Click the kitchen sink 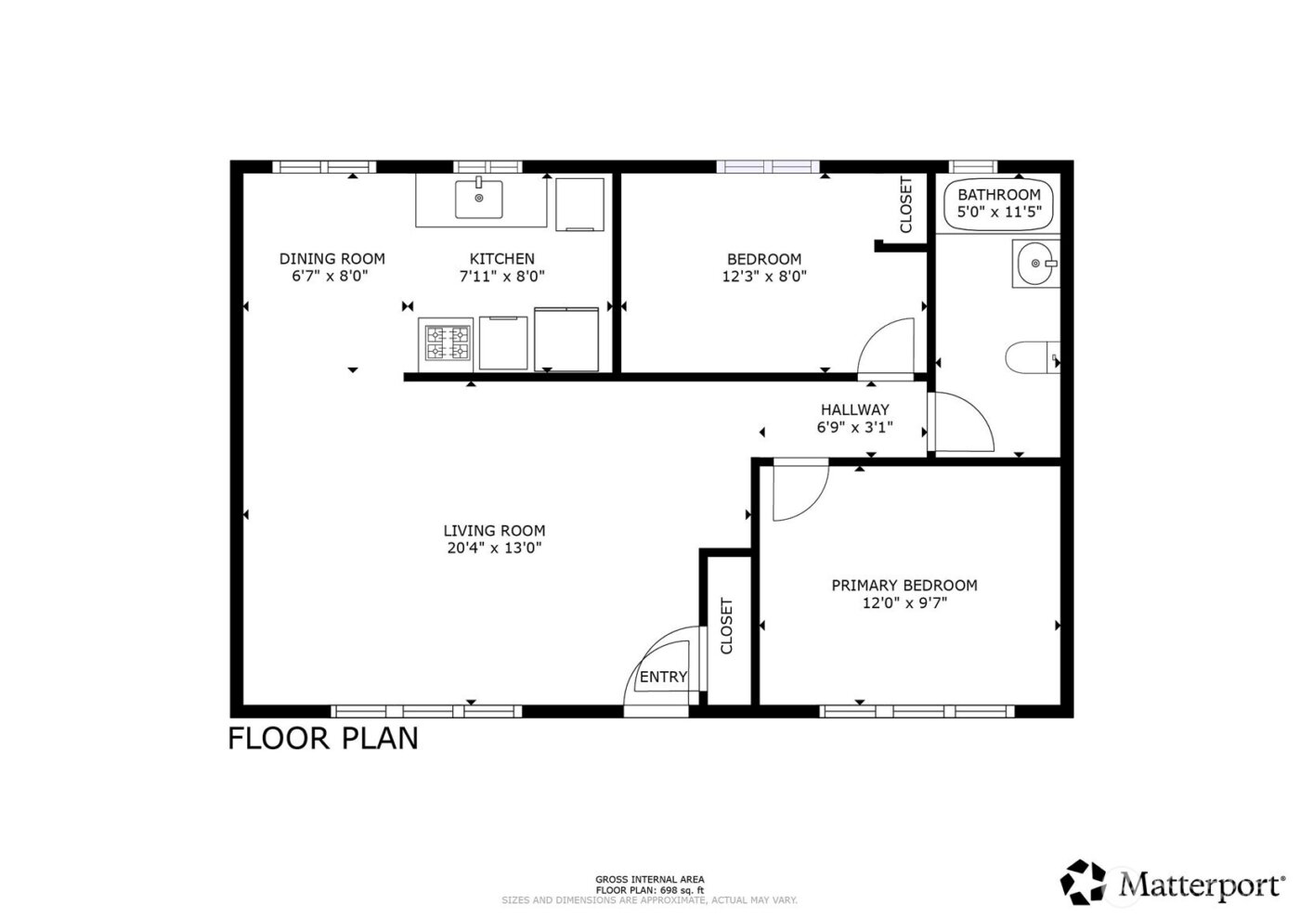478,199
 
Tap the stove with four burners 447,342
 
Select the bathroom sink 1034,264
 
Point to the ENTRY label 663,677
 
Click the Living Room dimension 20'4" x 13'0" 494,548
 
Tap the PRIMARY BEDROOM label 903,585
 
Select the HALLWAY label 854,409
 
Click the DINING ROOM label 331,259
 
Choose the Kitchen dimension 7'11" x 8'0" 501,276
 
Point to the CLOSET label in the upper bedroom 906,204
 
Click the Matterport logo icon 1085,882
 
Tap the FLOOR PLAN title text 323,738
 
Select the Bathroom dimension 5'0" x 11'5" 999,212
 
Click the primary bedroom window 916,712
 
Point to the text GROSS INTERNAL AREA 649,879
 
